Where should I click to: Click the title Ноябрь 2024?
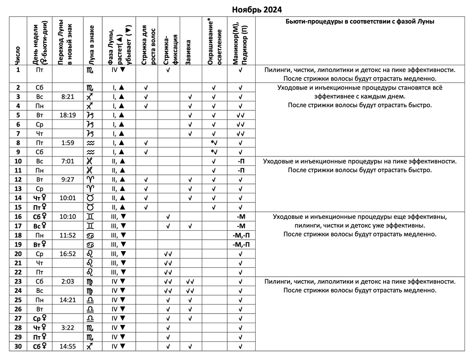pos(256,9)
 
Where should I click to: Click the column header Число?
pos(18,55)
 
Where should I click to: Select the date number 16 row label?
pos(18,216)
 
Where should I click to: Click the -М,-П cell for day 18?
pos(241,235)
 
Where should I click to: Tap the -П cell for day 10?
pos(241,161)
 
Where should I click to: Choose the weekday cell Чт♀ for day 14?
pos(40,198)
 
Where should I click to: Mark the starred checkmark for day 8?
pos(214,143)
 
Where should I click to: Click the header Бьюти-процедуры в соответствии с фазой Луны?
pos(360,22)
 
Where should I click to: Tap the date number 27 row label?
pos(18,318)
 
